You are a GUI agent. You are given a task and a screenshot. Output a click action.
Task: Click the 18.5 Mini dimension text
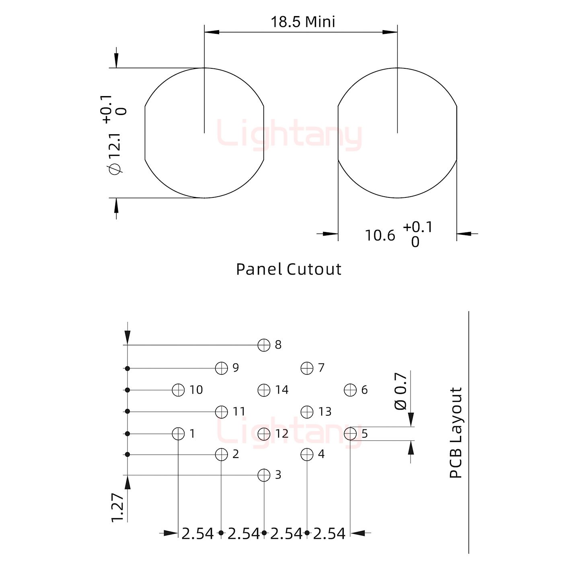click(303, 22)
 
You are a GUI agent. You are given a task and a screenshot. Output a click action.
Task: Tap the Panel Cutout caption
click(289, 269)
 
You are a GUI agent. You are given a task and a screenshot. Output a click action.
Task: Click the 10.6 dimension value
click(380, 235)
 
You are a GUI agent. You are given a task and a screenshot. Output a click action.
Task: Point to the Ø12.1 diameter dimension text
click(116, 154)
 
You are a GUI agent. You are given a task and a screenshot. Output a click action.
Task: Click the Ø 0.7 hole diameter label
click(400, 391)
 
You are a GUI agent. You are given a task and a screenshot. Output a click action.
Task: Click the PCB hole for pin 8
click(264, 345)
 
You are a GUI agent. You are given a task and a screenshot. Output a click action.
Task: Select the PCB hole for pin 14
click(264, 390)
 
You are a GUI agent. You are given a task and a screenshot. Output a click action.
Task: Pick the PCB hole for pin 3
click(264, 475)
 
